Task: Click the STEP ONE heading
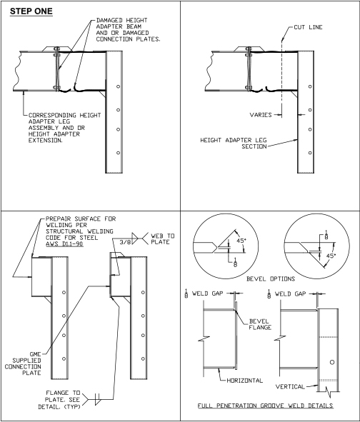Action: tap(31, 11)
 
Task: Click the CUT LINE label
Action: tap(308, 27)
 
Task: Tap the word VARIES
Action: tap(261, 115)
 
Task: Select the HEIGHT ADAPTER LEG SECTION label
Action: tap(234, 144)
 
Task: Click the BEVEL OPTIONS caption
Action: tap(271, 278)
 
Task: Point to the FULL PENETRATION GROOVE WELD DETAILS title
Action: tap(266, 406)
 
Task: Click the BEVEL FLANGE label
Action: tap(260, 324)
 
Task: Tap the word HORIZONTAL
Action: tap(245, 381)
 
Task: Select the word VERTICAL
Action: tap(290, 387)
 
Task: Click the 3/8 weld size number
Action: tap(125, 242)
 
